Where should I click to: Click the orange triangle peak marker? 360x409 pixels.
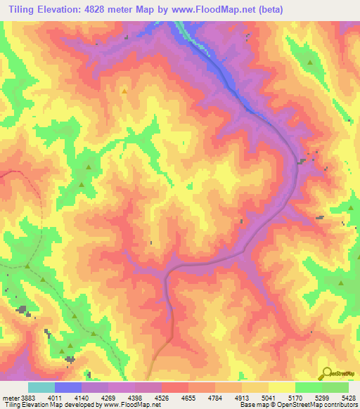point(124,90)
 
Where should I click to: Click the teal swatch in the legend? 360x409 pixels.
point(41,387)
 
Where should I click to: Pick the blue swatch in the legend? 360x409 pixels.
point(68,387)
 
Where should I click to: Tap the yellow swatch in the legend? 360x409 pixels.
point(281,387)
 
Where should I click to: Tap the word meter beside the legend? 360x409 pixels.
point(10,396)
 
